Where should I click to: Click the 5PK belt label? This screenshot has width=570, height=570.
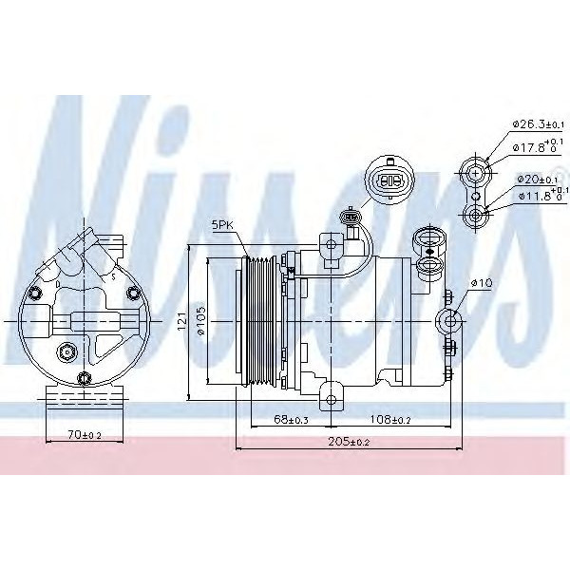(223, 225)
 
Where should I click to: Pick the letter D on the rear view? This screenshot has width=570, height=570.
(59, 283)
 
